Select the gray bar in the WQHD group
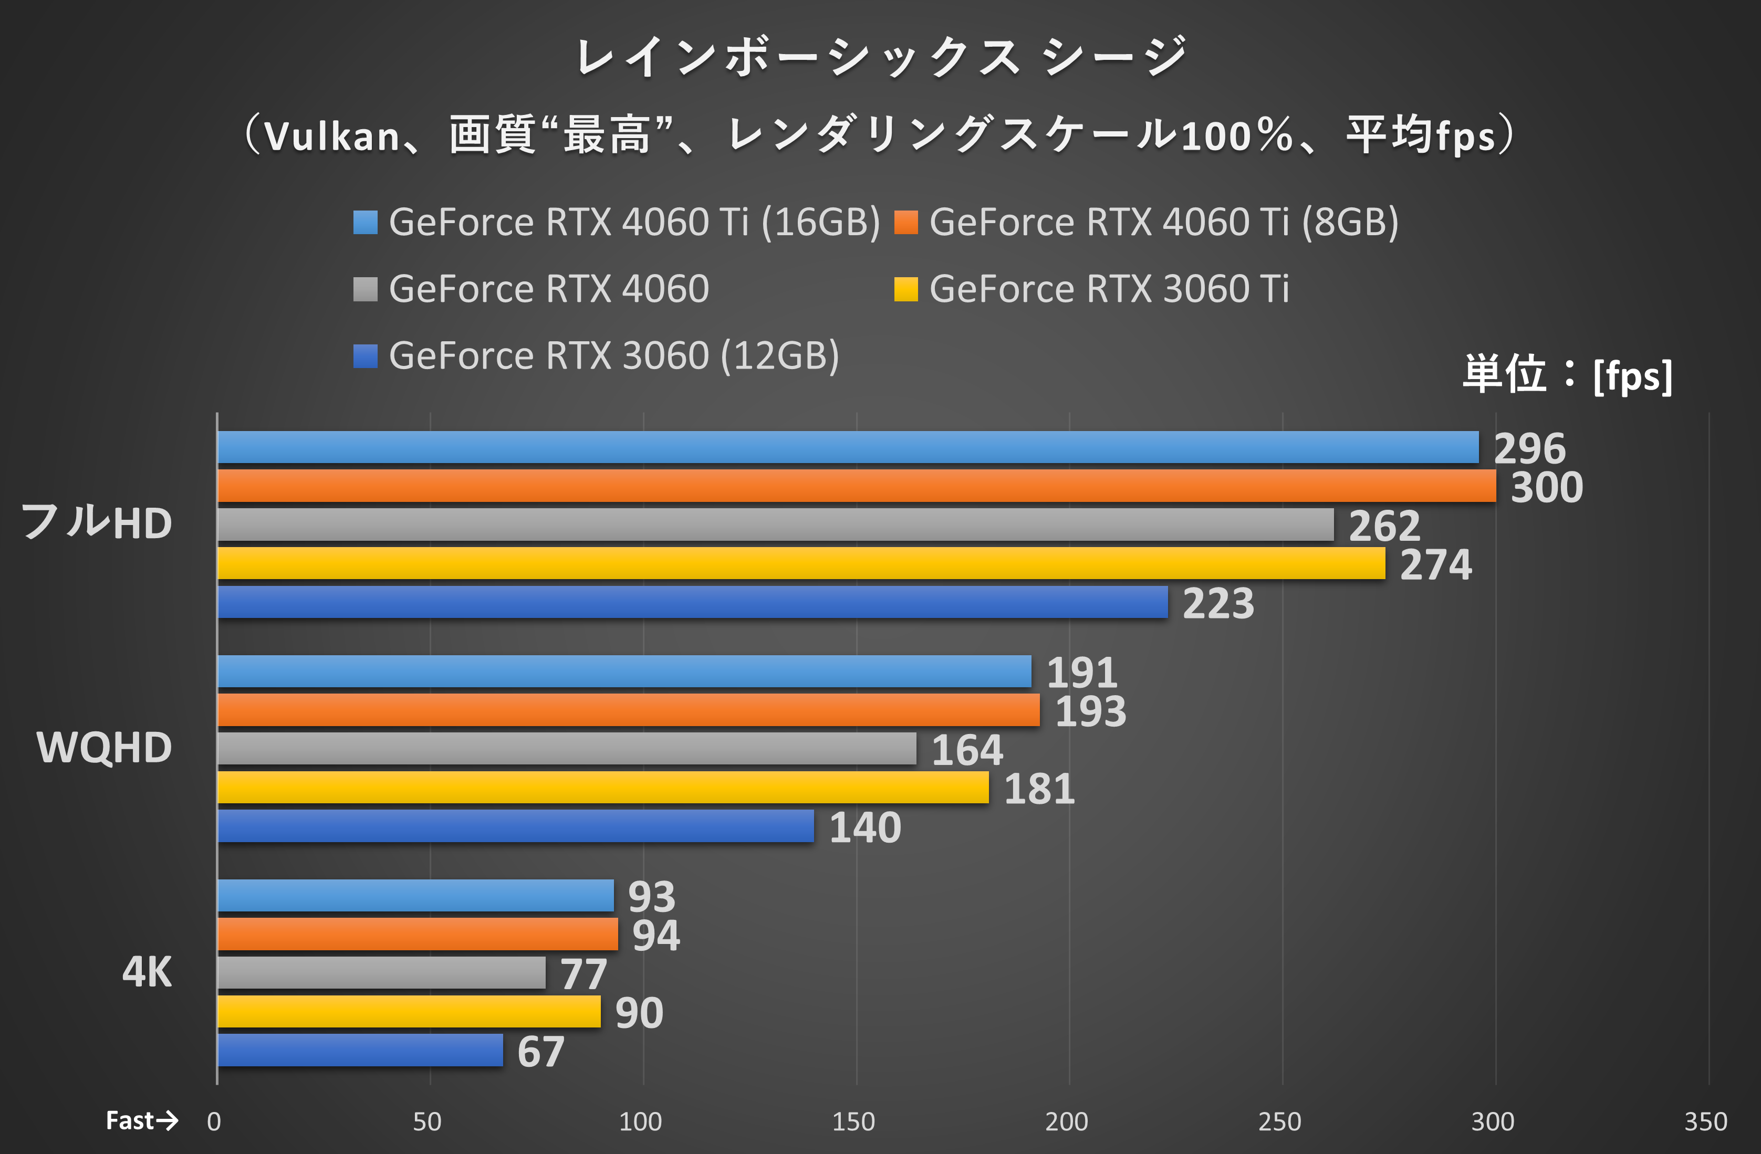click(x=567, y=748)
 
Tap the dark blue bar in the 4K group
click(x=360, y=1050)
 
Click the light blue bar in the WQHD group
click(x=624, y=671)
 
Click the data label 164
click(x=966, y=750)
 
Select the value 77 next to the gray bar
click(x=583, y=974)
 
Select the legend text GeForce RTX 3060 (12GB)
click(x=613, y=356)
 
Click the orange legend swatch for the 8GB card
click(x=905, y=222)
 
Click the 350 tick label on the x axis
click(x=1705, y=1122)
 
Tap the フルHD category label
click(x=96, y=522)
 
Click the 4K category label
click(x=147, y=972)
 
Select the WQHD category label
click(x=103, y=747)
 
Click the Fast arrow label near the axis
click(x=141, y=1121)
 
